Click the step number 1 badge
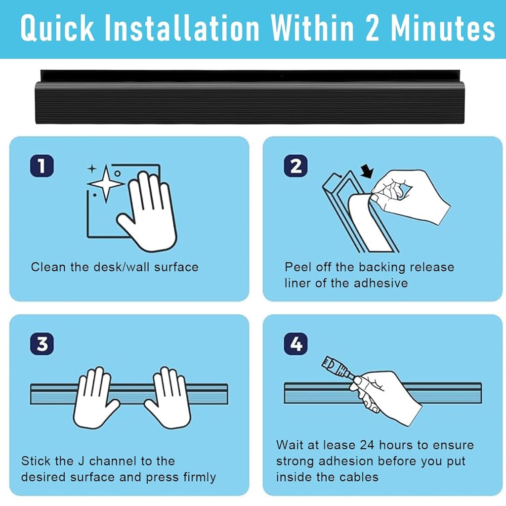pos(42,166)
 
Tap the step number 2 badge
pos(295,166)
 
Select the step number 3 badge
pos(42,344)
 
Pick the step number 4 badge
pos(295,344)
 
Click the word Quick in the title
pos(57,28)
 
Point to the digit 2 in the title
pos(373,28)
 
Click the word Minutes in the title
pos(443,28)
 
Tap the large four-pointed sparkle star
pos(106,184)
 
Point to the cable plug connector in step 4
pos(336,367)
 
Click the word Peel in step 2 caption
pos(298,267)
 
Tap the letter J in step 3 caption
pos(82,461)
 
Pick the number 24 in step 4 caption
pos(367,445)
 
